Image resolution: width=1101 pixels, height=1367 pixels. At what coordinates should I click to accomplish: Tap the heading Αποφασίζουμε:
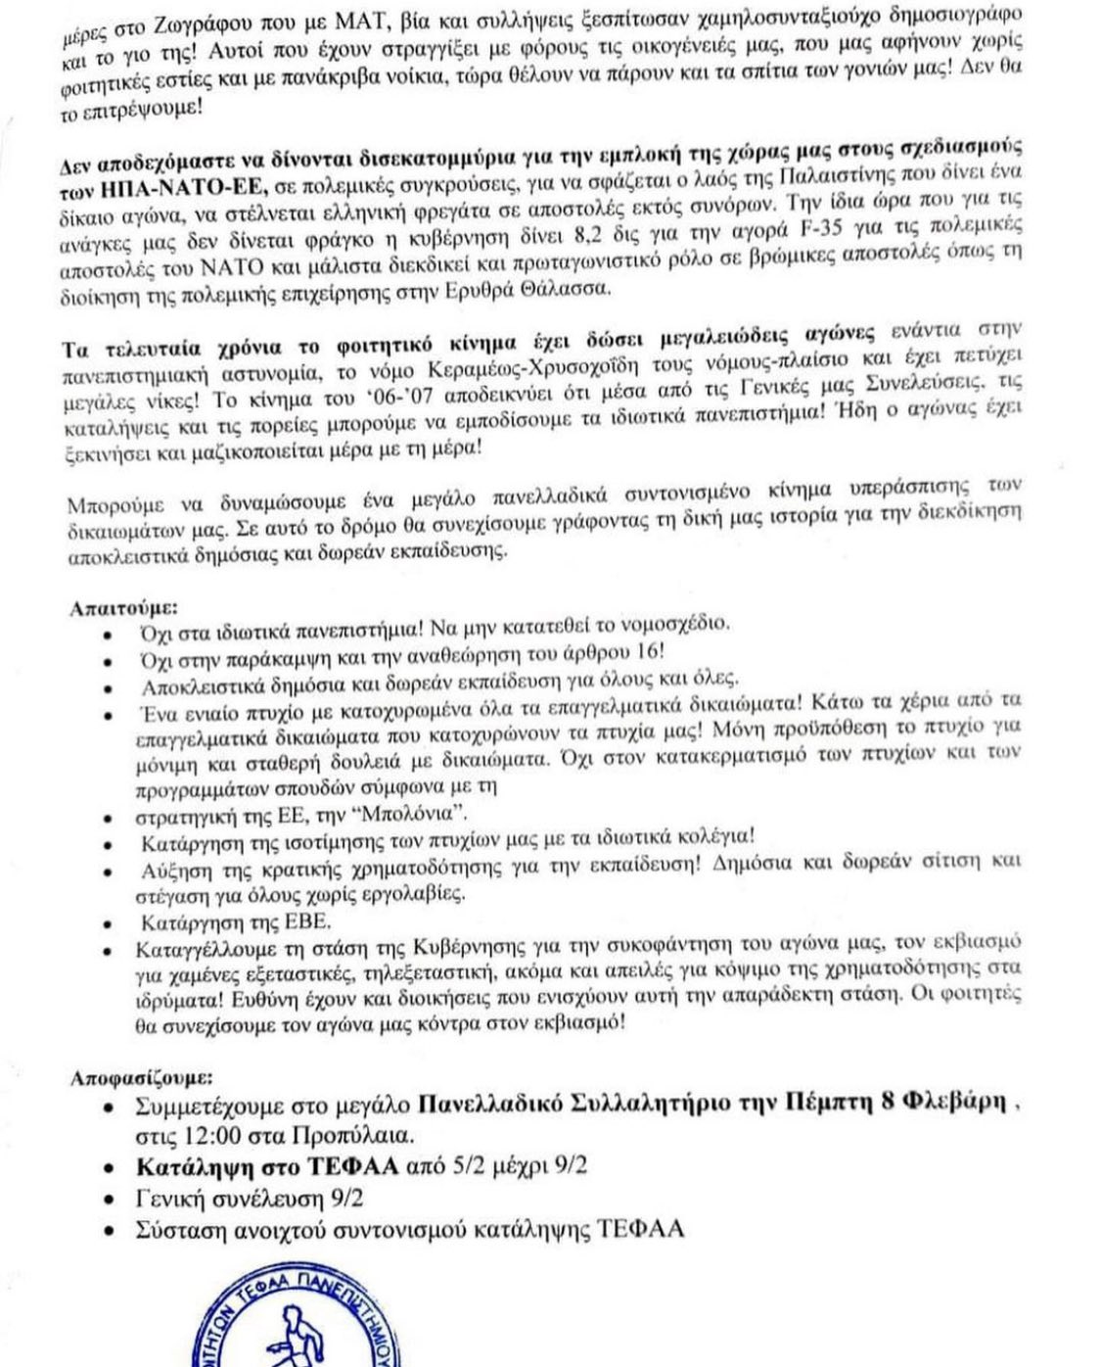(141, 1078)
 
